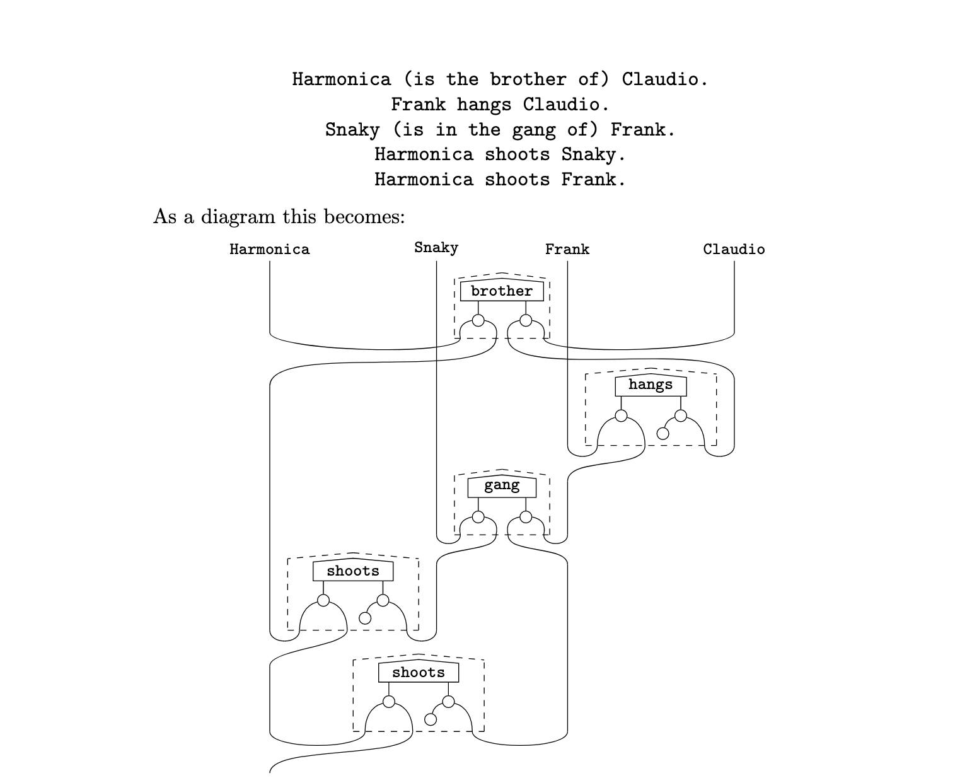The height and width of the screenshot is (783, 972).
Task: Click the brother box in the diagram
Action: click(502, 291)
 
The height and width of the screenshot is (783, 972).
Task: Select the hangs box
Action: click(651, 385)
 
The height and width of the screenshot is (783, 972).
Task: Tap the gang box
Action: click(502, 486)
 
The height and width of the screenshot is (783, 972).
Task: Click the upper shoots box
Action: click(353, 571)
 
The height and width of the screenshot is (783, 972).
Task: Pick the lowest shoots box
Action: click(419, 672)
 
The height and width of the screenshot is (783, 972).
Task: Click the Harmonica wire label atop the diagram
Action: click(270, 250)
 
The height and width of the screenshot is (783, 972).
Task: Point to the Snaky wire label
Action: click(436, 248)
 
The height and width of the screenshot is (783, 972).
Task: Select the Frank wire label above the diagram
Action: click(567, 250)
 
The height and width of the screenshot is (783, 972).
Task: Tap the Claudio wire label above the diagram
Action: click(734, 250)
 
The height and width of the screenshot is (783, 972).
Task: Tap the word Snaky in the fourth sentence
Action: click(588, 154)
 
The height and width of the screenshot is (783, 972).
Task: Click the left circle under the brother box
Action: click(478, 320)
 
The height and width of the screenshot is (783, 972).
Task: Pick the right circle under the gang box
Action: click(526, 517)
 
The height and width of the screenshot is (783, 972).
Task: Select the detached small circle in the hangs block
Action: click(662, 433)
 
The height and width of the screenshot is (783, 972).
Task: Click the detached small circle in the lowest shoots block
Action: click(431, 719)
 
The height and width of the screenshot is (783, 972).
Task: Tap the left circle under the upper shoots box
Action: click(323, 600)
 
